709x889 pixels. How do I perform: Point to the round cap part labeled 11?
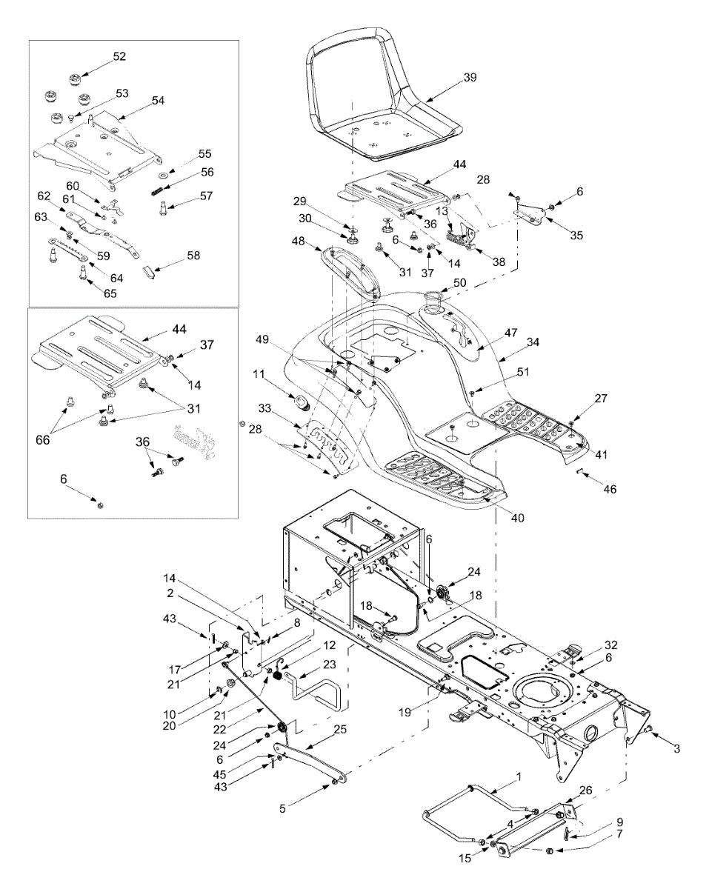(x=301, y=403)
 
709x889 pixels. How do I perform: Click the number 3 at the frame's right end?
(x=675, y=748)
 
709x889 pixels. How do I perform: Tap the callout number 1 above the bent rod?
(x=519, y=777)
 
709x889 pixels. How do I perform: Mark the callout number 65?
(x=110, y=293)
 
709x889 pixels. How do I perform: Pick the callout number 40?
(x=517, y=518)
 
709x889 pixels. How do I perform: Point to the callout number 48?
(x=299, y=242)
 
